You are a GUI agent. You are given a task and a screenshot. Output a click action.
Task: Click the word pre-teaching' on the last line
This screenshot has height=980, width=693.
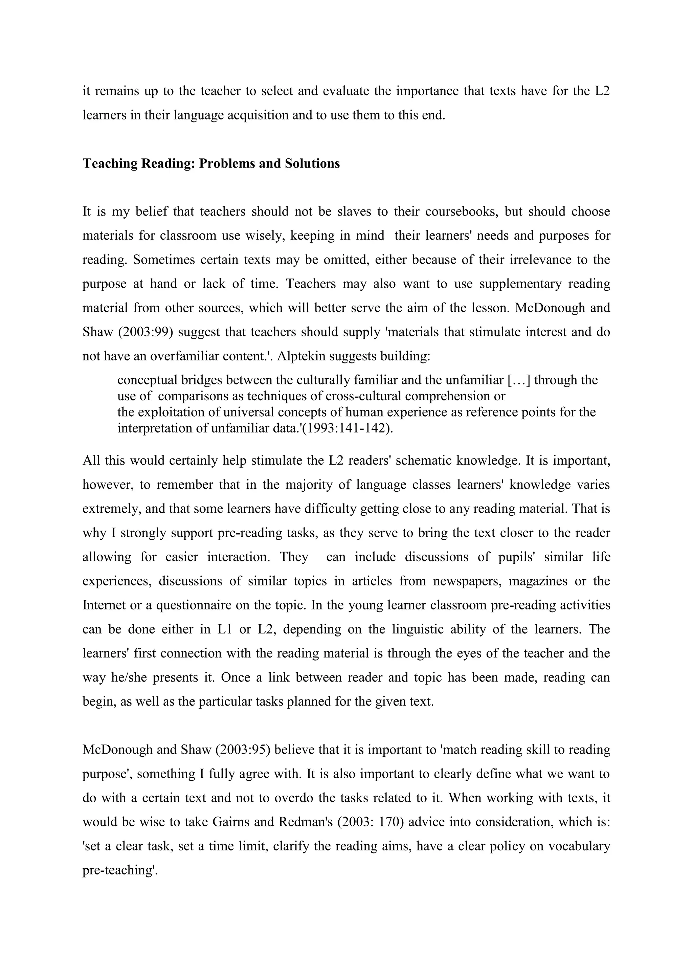point(120,870)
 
